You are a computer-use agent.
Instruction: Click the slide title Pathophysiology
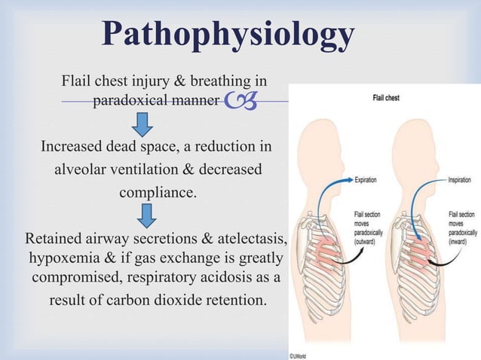228,35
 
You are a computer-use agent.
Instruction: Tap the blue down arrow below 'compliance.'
148,215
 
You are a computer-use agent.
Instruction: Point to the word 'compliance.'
158,192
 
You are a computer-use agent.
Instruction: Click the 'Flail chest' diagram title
385,98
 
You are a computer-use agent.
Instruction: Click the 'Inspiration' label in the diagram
459,180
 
